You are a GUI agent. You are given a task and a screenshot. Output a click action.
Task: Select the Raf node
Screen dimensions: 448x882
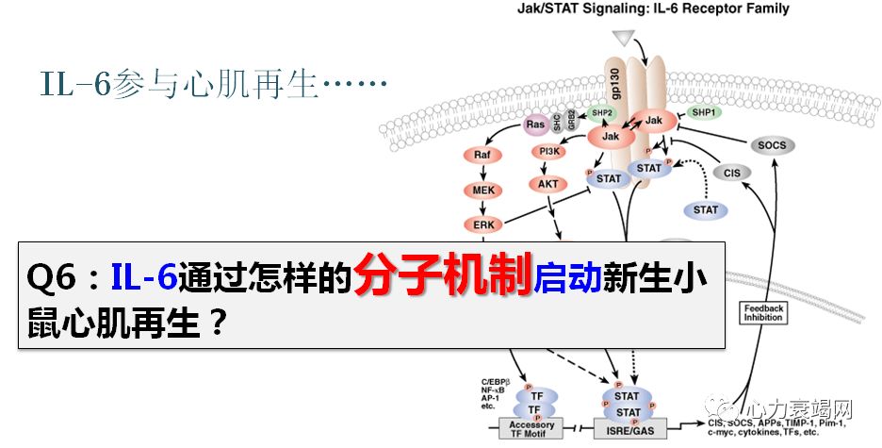[x=482, y=156]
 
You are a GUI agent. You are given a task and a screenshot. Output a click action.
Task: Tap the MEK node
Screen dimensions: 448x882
[x=481, y=191]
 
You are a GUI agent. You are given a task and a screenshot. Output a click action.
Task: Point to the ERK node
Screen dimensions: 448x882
[x=481, y=224]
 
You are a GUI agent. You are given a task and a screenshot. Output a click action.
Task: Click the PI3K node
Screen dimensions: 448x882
[x=547, y=152]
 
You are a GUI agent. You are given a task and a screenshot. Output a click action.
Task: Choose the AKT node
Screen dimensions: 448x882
[x=548, y=184]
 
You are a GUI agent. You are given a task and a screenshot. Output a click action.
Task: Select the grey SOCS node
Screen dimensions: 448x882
[x=771, y=145]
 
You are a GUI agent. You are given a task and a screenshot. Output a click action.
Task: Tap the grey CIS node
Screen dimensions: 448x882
[x=731, y=173]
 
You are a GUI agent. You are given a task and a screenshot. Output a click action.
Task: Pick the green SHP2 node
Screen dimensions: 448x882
[x=601, y=113]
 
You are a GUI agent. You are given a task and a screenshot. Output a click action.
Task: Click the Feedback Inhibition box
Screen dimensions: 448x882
[x=762, y=312]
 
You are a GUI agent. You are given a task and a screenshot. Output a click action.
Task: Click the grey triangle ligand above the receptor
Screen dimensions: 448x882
[x=623, y=38]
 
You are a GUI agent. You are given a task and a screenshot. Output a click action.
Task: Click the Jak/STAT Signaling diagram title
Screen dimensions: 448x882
[x=654, y=9]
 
